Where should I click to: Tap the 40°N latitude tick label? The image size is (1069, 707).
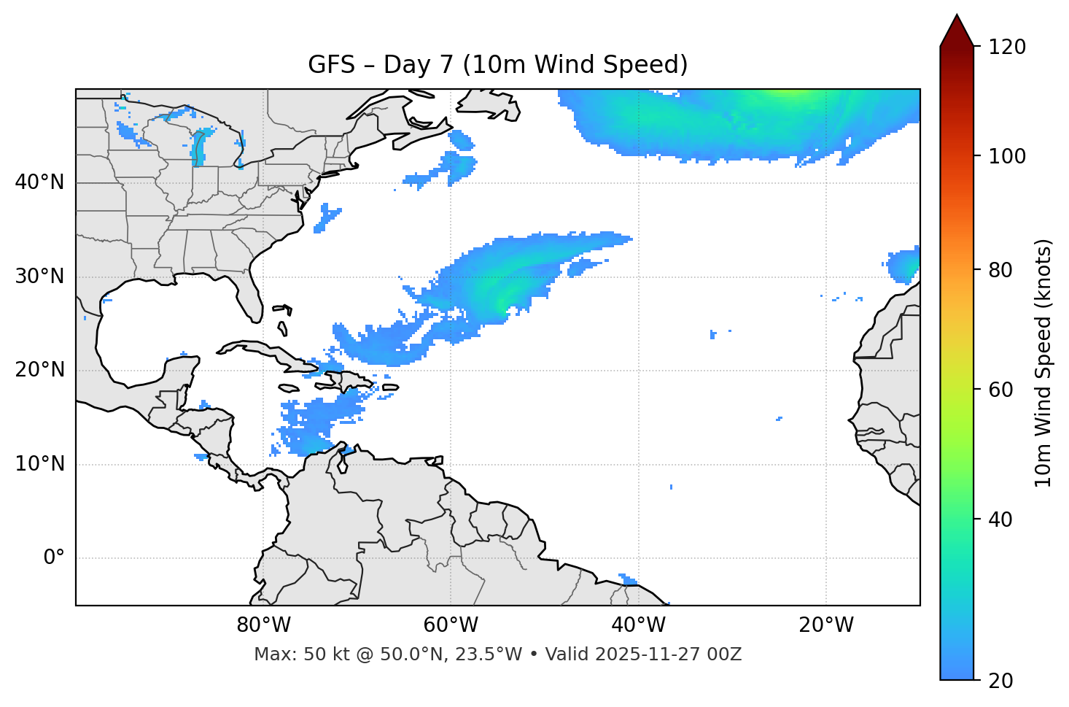point(39,182)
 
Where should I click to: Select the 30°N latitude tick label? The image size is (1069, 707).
point(39,277)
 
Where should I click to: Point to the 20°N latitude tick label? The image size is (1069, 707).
point(39,370)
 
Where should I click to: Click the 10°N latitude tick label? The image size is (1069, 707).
point(39,464)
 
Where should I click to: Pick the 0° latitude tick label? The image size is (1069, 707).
point(54,558)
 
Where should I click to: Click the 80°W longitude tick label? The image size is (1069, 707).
point(263,625)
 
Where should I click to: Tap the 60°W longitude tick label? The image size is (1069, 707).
point(451,625)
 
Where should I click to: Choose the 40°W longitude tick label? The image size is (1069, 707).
point(638,625)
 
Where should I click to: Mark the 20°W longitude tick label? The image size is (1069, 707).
point(825,625)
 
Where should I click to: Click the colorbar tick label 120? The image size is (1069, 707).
point(1007,47)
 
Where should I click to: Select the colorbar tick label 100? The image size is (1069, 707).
point(1007,156)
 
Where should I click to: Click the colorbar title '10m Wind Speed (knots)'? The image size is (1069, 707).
point(1043,363)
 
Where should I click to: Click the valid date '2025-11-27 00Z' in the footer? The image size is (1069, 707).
point(668,654)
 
